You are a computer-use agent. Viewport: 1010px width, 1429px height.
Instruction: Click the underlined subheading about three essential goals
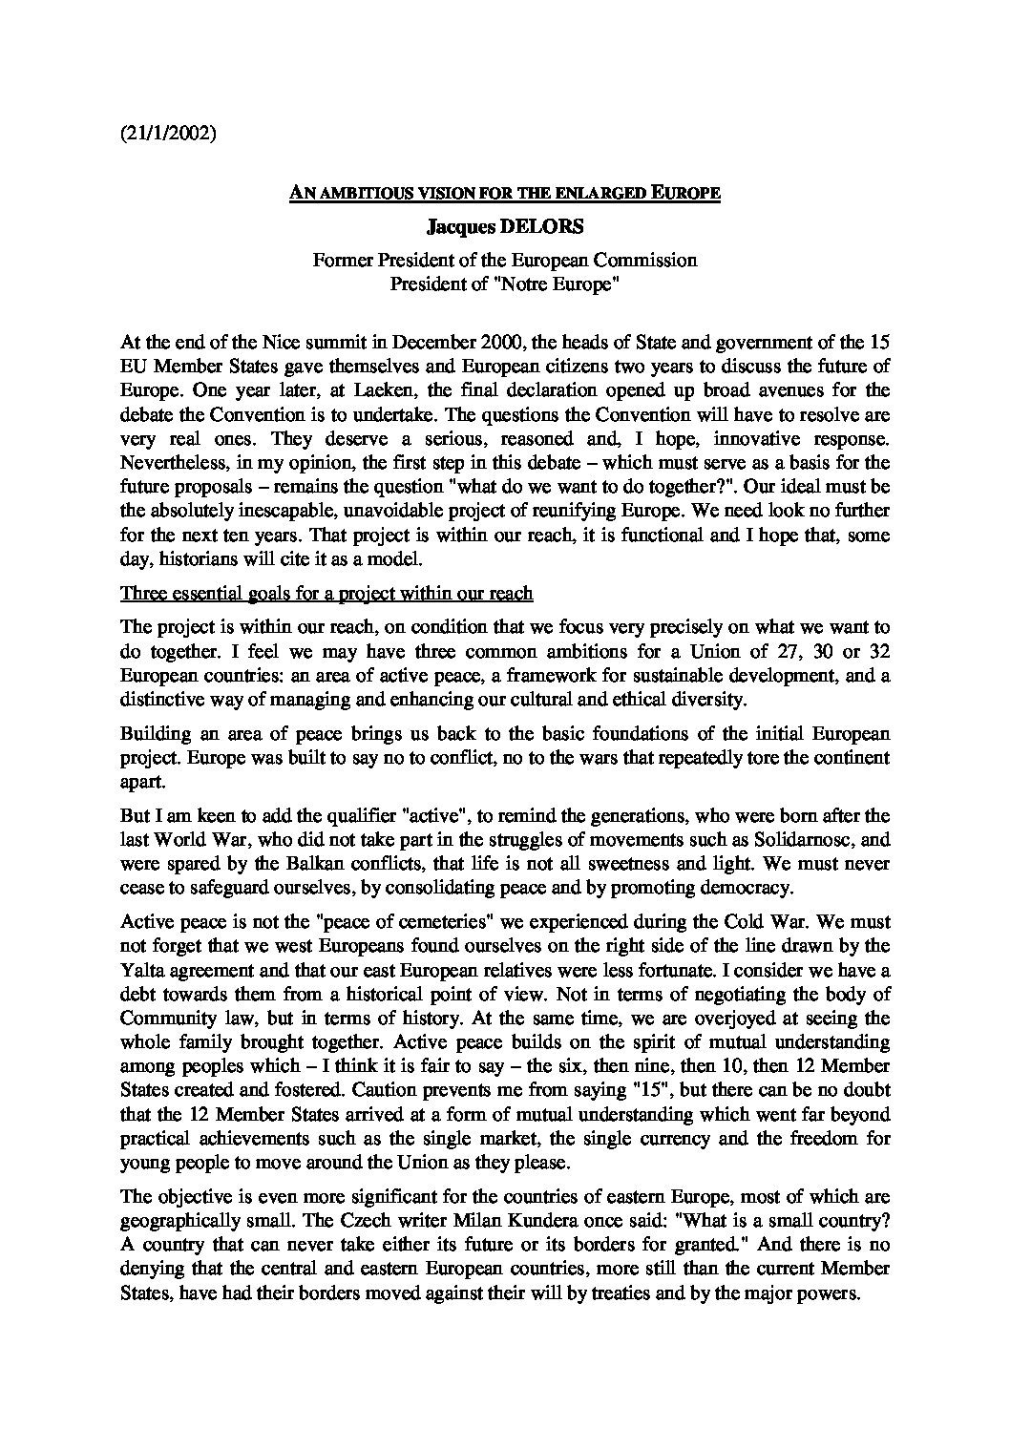pyautogui.click(x=326, y=594)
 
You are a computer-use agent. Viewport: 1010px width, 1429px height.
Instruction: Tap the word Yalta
pyautogui.click(x=141, y=970)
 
